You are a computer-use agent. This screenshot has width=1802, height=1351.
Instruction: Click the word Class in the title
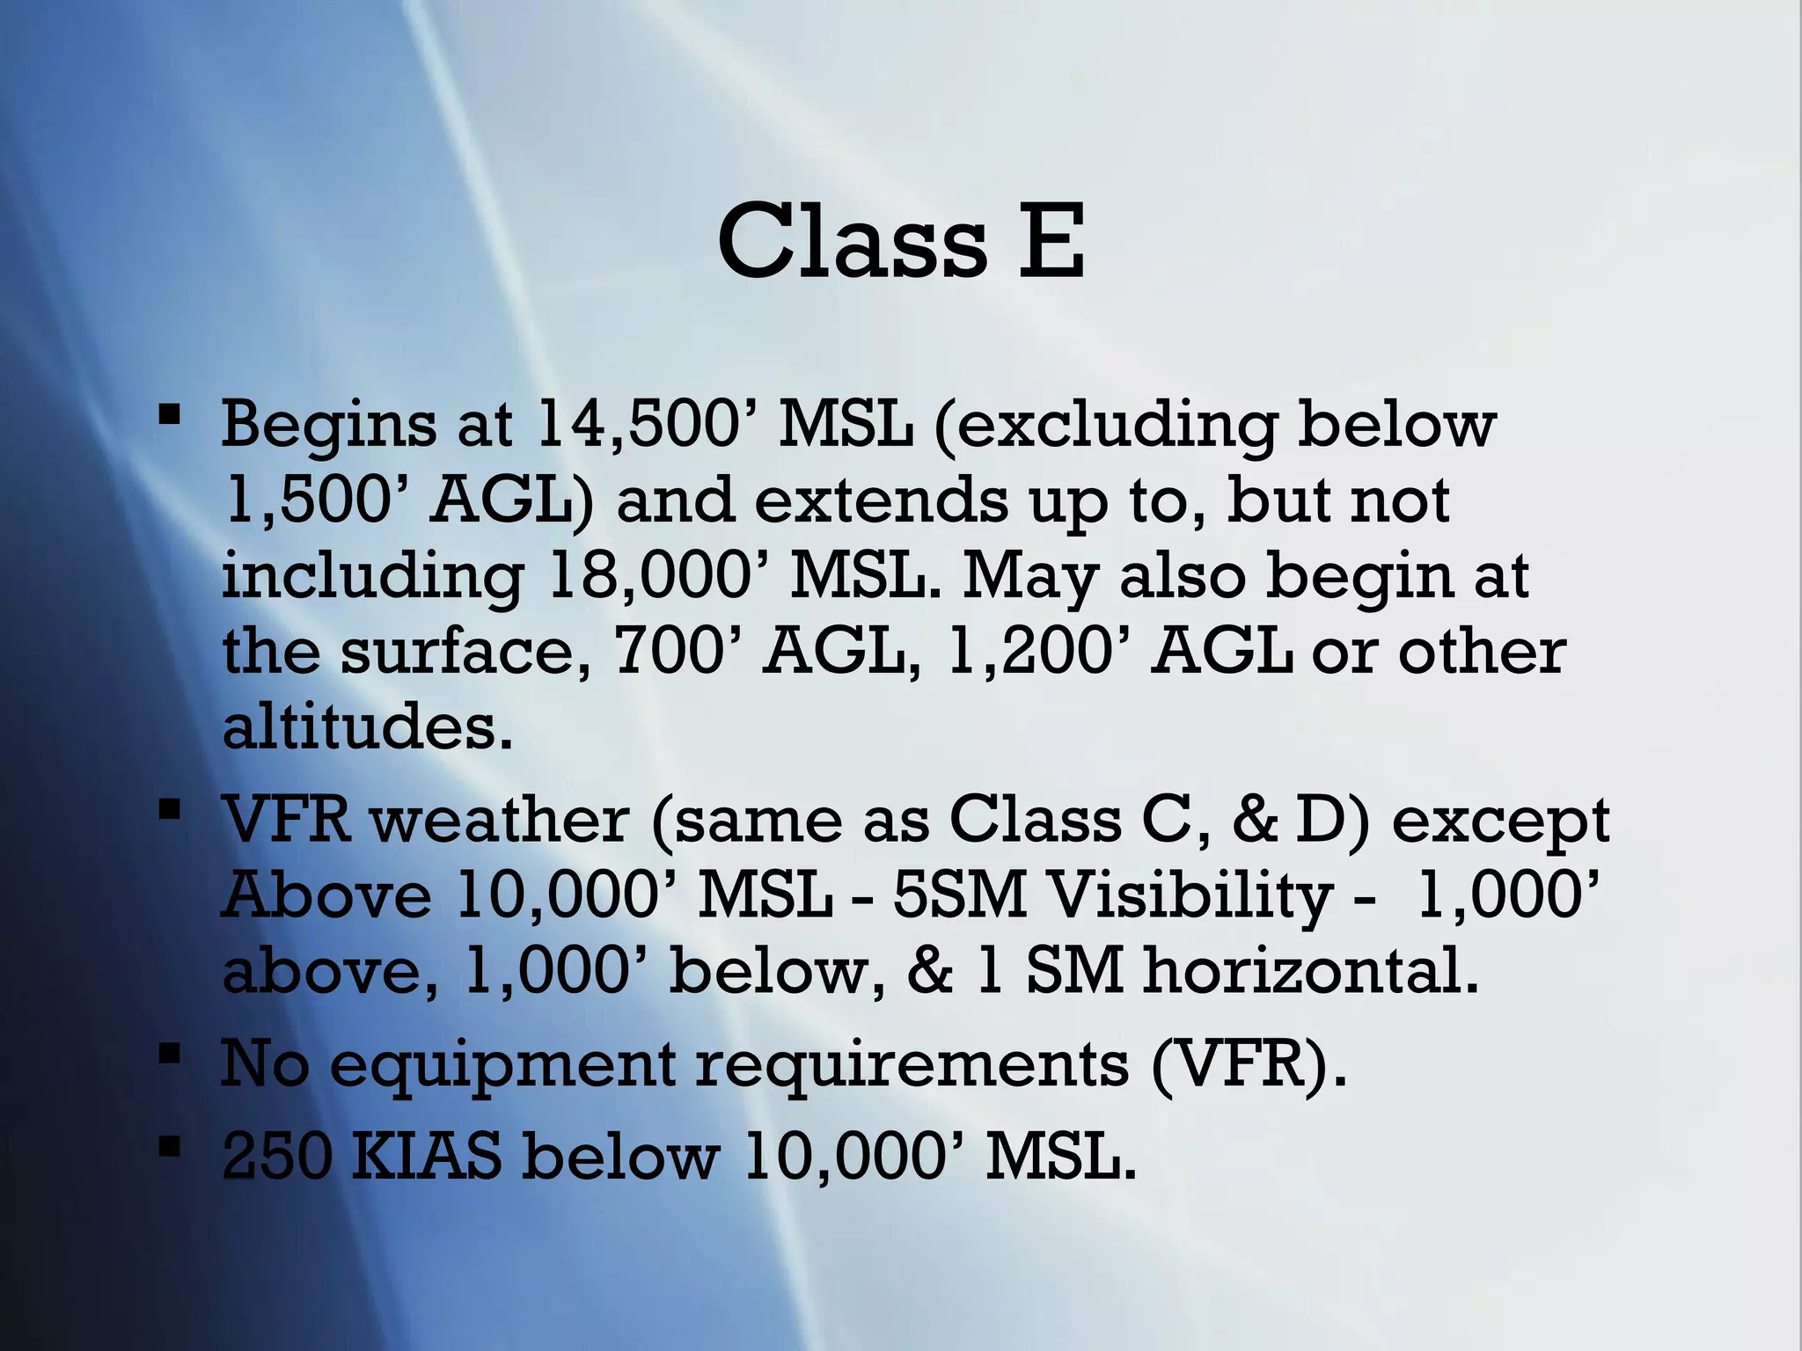pos(852,240)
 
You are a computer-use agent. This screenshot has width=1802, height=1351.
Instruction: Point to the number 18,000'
pos(656,576)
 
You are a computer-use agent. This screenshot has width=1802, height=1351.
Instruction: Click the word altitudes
pos(367,727)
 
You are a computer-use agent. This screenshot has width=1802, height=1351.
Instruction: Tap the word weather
pos(499,820)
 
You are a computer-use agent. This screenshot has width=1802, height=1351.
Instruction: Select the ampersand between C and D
pos(1254,820)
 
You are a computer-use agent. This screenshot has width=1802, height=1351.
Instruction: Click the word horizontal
pos(1310,971)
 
